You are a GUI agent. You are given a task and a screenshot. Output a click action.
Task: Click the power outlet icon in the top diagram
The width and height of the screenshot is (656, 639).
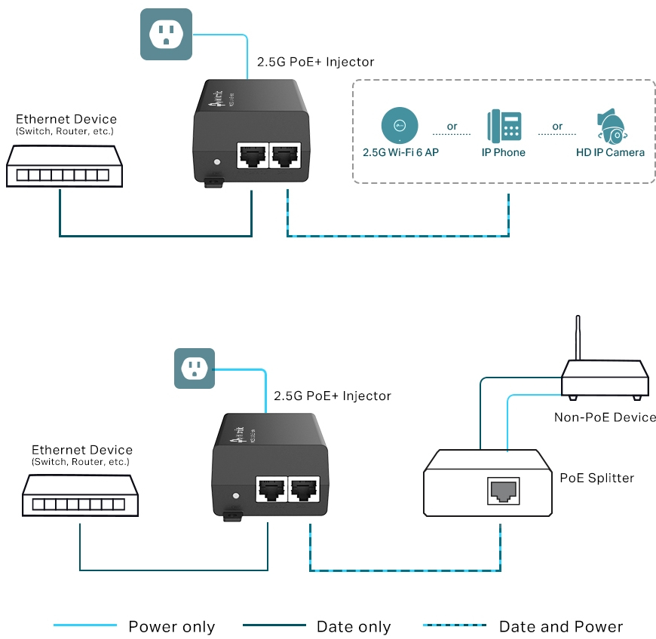tap(166, 35)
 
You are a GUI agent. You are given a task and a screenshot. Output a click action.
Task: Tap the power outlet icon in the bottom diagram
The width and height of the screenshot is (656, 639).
tap(195, 368)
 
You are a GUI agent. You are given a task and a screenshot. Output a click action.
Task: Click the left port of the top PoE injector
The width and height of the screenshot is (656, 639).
tap(250, 157)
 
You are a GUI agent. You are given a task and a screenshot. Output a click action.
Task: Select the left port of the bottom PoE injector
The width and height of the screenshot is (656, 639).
tap(270, 491)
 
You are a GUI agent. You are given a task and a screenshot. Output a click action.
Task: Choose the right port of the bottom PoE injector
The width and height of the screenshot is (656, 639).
tap(304, 491)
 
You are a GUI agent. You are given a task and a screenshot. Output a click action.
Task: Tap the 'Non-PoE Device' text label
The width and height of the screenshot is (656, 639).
tap(605, 417)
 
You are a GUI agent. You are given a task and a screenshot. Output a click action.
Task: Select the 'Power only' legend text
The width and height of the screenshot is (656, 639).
tap(171, 627)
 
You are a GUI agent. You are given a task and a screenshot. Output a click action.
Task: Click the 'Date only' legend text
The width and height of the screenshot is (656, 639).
tap(354, 627)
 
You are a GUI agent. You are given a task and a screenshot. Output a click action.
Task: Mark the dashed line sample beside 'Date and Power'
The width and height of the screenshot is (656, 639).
tap(455, 625)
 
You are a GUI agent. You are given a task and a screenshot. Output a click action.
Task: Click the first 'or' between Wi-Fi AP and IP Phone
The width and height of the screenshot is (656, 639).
tap(452, 126)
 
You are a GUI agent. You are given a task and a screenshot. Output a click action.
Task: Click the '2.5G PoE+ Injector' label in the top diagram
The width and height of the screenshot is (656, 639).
tap(316, 62)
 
